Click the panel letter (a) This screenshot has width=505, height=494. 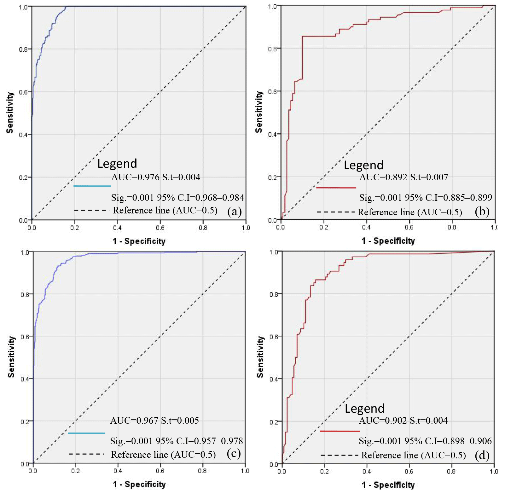click(x=234, y=211)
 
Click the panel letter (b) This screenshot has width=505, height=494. click(x=482, y=211)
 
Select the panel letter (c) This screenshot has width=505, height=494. click(x=234, y=453)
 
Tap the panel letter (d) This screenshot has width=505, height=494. click(x=482, y=455)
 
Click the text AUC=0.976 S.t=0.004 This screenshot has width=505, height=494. click(x=156, y=177)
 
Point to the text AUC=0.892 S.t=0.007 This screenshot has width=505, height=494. click(x=403, y=177)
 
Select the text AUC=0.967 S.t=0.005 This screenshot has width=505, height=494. click(x=154, y=421)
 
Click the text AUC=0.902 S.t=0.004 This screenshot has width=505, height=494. click(x=403, y=421)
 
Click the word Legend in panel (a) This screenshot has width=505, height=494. click(x=117, y=164)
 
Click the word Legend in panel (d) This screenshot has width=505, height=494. click(x=364, y=409)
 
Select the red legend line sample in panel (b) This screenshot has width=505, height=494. click(x=336, y=188)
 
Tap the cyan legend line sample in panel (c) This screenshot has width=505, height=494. click(x=86, y=433)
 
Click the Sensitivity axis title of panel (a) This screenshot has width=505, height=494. click(x=10, y=113)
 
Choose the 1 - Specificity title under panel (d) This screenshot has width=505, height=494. click(x=388, y=485)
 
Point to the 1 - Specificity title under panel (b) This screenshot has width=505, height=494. click(x=388, y=241)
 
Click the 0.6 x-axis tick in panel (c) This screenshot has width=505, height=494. click(x=160, y=471)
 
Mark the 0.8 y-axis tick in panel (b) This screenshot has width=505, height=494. click(x=272, y=49)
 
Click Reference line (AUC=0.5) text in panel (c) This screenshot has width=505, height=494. click(x=163, y=455)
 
